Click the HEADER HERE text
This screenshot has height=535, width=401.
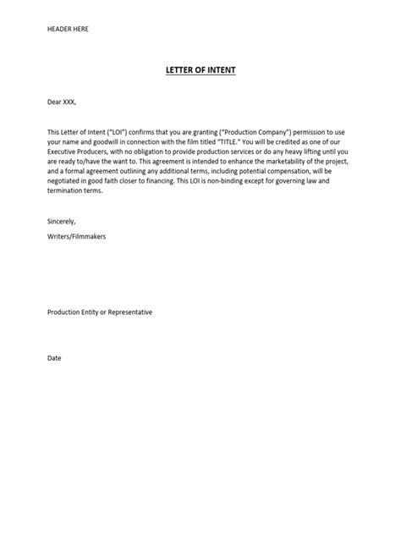coord(68,30)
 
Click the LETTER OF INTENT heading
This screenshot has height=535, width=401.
coord(200,70)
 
